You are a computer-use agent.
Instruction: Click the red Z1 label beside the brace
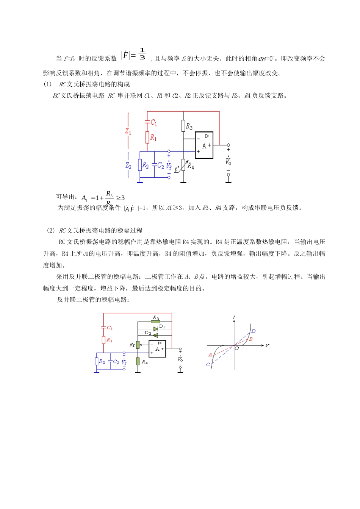[128, 131]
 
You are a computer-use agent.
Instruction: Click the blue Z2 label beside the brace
[128, 166]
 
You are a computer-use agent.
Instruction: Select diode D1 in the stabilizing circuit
[155, 329]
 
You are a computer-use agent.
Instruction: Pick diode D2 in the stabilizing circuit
[155, 335]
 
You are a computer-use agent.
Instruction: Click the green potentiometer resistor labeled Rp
[138, 344]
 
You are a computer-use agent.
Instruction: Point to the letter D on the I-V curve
[254, 331]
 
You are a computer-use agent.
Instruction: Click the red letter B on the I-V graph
[250, 339]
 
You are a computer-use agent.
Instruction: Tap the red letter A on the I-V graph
[210, 355]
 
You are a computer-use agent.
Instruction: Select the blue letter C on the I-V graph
[208, 364]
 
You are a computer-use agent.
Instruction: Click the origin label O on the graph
[237, 348]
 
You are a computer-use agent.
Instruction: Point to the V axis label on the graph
[267, 346]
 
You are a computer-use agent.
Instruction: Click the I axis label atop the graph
[234, 317]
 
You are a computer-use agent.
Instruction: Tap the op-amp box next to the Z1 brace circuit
[204, 145]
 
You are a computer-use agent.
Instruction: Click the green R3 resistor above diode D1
[155, 321]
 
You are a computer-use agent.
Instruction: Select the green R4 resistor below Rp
[138, 361]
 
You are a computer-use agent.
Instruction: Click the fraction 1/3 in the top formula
[142, 54]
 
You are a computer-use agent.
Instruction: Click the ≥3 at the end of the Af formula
[120, 198]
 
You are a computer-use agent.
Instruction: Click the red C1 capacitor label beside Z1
[153, 122]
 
